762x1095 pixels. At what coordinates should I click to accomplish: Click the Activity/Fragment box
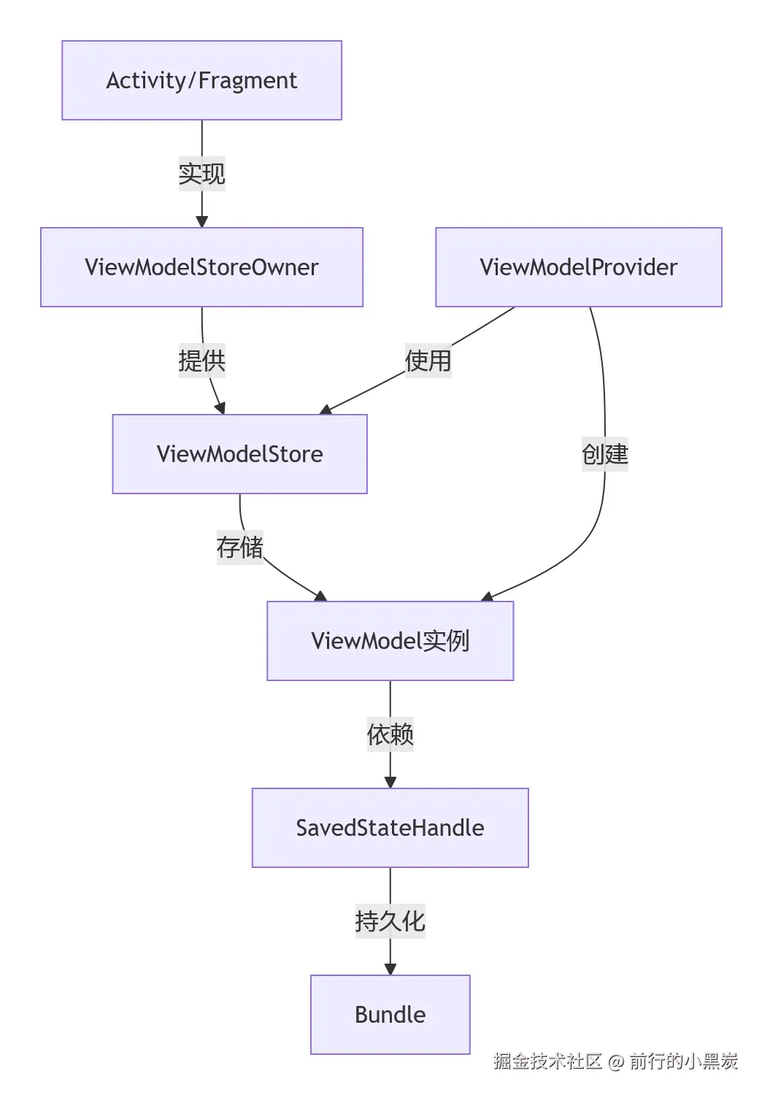[x=201, y=80]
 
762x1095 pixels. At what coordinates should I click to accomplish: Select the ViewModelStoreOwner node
[x=201, y=267]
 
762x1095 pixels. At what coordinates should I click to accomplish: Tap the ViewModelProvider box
[x=578, y=267]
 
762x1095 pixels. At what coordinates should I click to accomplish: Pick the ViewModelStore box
[x=239, y=454]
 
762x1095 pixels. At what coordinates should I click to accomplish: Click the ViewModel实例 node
[x=390, y=641]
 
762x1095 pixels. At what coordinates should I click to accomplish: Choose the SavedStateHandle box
[x=390, y=828]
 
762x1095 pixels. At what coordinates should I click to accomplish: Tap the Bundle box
[x=390, y=1015]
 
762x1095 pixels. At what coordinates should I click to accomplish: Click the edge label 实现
[x=201, y=174]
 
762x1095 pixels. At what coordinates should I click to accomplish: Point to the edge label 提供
[x=201, y=361]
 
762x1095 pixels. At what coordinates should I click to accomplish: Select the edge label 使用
[x=428, y=361]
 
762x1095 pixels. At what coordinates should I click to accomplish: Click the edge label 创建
[x=604, y=454]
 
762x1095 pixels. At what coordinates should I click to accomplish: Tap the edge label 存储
[x=239, y=547]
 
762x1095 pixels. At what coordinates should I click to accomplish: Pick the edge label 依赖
[x=390, y=734]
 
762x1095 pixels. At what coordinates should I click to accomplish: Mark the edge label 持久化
[x=390, y=921]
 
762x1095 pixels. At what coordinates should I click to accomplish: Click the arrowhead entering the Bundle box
[x=390, y=969]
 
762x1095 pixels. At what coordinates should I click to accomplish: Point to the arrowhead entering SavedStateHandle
[x=390, y=782]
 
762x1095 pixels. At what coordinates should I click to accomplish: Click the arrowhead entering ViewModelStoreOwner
[x=201, y=221]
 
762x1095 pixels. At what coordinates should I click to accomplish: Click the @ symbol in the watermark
[x=615, y=1061]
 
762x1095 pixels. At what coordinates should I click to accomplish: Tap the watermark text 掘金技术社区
[x=547, y=1061]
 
